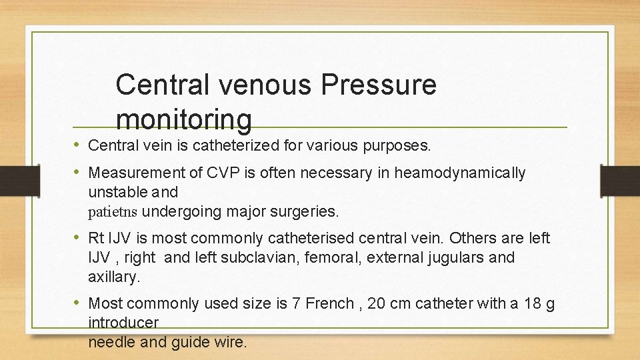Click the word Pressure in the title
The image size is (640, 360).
tap(379, 85)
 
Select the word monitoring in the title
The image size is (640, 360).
tap(184, 120)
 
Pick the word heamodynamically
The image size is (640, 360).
tap(460, 173)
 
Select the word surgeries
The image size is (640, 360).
tap(307, 212)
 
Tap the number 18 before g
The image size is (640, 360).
tap(531, 304)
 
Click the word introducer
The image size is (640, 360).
tap(123, 323)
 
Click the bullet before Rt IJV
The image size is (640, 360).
tap(78, 238)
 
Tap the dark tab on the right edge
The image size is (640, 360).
tap(619, 181)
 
